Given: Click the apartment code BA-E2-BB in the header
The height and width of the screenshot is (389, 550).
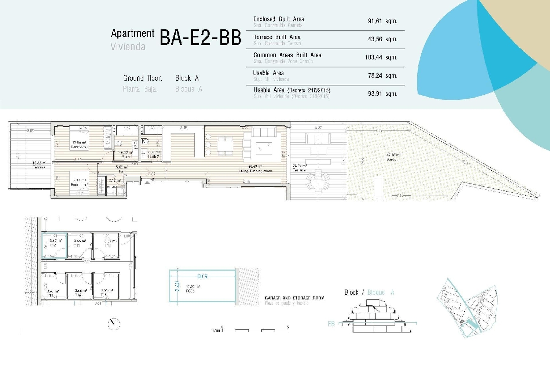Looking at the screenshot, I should click(x=200, y=38).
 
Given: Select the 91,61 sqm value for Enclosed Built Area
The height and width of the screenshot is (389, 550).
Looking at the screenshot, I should click(x=382, y=21).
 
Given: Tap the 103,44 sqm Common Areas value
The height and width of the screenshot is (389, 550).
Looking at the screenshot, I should click(x=381, y=57).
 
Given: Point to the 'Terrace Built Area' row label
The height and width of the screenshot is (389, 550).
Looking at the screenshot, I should click(x=277, y=37).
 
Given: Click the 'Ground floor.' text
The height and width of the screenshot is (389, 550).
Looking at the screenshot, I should click(x=142, y=78).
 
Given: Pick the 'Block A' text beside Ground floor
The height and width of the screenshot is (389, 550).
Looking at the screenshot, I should click(x=187, y=78).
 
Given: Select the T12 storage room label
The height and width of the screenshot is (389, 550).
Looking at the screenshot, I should click(x=53, y=245).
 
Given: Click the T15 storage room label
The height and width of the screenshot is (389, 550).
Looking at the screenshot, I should click(x=104, y=295).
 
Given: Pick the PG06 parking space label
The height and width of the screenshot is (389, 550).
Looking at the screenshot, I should click(x=190, y=291).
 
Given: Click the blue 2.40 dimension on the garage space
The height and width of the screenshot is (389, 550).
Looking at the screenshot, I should click(x=177, y=286).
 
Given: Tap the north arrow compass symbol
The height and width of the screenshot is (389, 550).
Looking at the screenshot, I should click(x=114, y=324).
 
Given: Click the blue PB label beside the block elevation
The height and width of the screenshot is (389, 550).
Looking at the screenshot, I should click(x=331, y=324).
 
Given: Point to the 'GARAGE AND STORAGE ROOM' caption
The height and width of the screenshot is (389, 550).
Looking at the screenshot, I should click(x=294, y=298).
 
